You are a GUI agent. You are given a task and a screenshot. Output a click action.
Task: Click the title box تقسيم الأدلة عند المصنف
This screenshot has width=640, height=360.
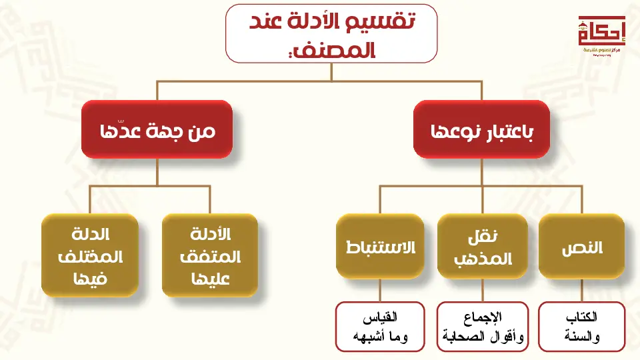pyautogui.click(x=331, y=33)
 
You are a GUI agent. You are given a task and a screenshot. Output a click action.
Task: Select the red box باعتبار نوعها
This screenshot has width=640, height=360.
pyautogui.click(x=482, y=129)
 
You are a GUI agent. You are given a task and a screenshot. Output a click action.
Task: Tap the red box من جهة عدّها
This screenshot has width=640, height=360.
pyautogui.click(x=157, y=129)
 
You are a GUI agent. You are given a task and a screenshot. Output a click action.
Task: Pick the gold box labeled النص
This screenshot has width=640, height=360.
pyautogui.click(x=581, y=247)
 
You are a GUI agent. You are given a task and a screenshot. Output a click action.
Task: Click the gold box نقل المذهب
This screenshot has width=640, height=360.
pyautogui.click(x=481, y=247)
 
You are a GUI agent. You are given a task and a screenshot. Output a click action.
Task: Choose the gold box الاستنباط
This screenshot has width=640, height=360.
pyautogui.click(x=380, y=247)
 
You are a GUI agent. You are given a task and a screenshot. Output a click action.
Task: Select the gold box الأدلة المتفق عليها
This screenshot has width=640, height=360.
pyautogui.click(x=210, y=255)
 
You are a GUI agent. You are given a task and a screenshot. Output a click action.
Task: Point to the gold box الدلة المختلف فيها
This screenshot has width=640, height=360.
pyautogui.click(x=90, y=255)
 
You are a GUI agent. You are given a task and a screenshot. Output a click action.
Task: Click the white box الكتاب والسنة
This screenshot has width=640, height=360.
pyautogui.click(x=581, y=327)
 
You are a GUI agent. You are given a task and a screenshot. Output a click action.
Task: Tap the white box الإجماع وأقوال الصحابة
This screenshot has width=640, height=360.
pyautogui.click(x=482, y=327)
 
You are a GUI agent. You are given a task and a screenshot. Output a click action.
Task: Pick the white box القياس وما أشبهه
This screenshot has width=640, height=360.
pyautogui.click(x=380, y=327)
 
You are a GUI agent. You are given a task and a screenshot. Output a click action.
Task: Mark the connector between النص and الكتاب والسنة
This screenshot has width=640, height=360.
pyautogui.click(x=581, y=290)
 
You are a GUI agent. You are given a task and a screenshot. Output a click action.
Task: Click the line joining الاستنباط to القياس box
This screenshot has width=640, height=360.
pyautogui.click(x=380, y=290)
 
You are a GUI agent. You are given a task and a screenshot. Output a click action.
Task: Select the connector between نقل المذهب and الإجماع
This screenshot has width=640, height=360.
pyautogui.click(x=481, y=290)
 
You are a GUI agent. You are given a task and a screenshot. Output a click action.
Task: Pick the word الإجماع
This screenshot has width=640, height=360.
pyautogui.click(x=482, y=316)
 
